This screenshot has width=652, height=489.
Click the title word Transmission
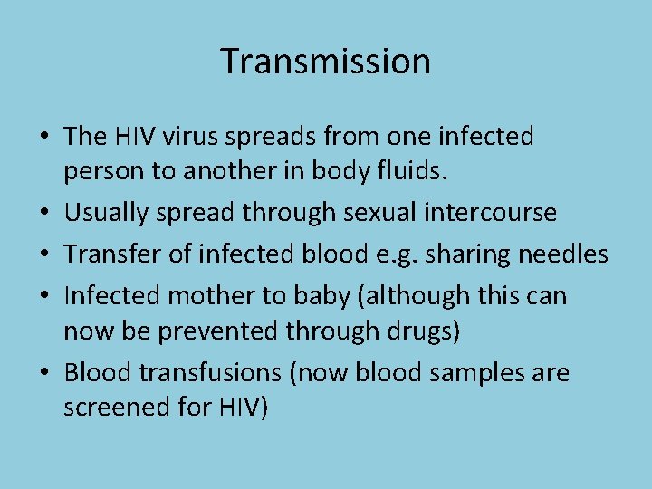coord(325,62)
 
